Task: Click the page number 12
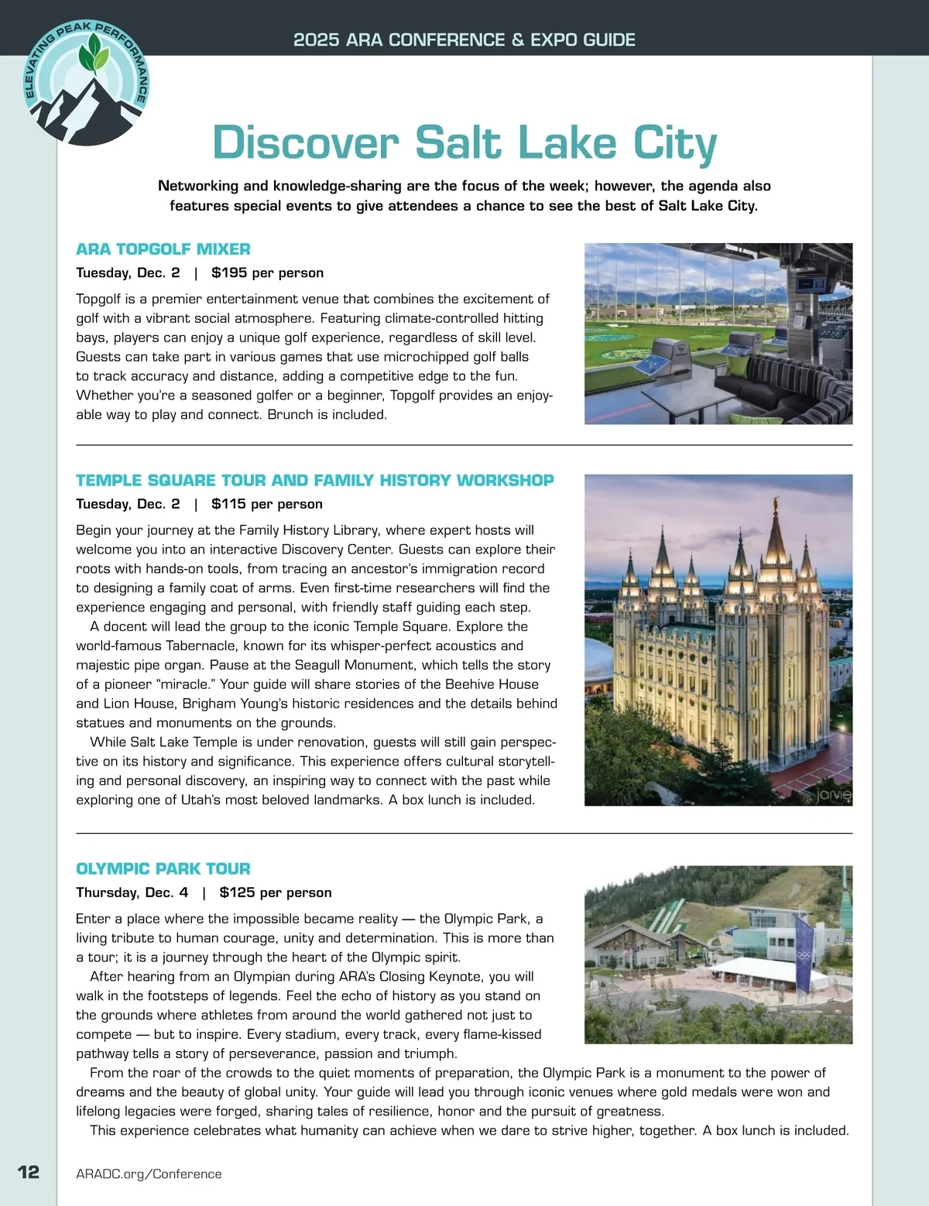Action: pyautogui.click(x=29, y=1171)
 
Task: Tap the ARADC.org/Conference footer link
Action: pyautogui.click(x=149, y=1173)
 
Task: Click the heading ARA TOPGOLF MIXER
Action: pyautogui.click(x=163, y=249)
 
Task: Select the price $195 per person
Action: pyautogui.click(x=267, y=272)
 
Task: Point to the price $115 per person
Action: pyautogui.click(x=266, y=504)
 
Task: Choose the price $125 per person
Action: pyautogui.click(x=275, y=893)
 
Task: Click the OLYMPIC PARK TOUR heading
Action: pyautogui.click(x=163, y=869)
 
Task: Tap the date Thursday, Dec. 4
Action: pyautogui.click(x=132, y=893)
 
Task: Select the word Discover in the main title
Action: pyautogui.click(x=305, y=143)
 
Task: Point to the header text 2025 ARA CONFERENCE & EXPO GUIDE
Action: pyautogui.click(x=464, y=39)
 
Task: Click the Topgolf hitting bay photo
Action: pyautogui.click(x=718, y=334)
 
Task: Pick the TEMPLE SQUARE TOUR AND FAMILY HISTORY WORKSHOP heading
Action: pyautogui.click(x=315, y=480)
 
